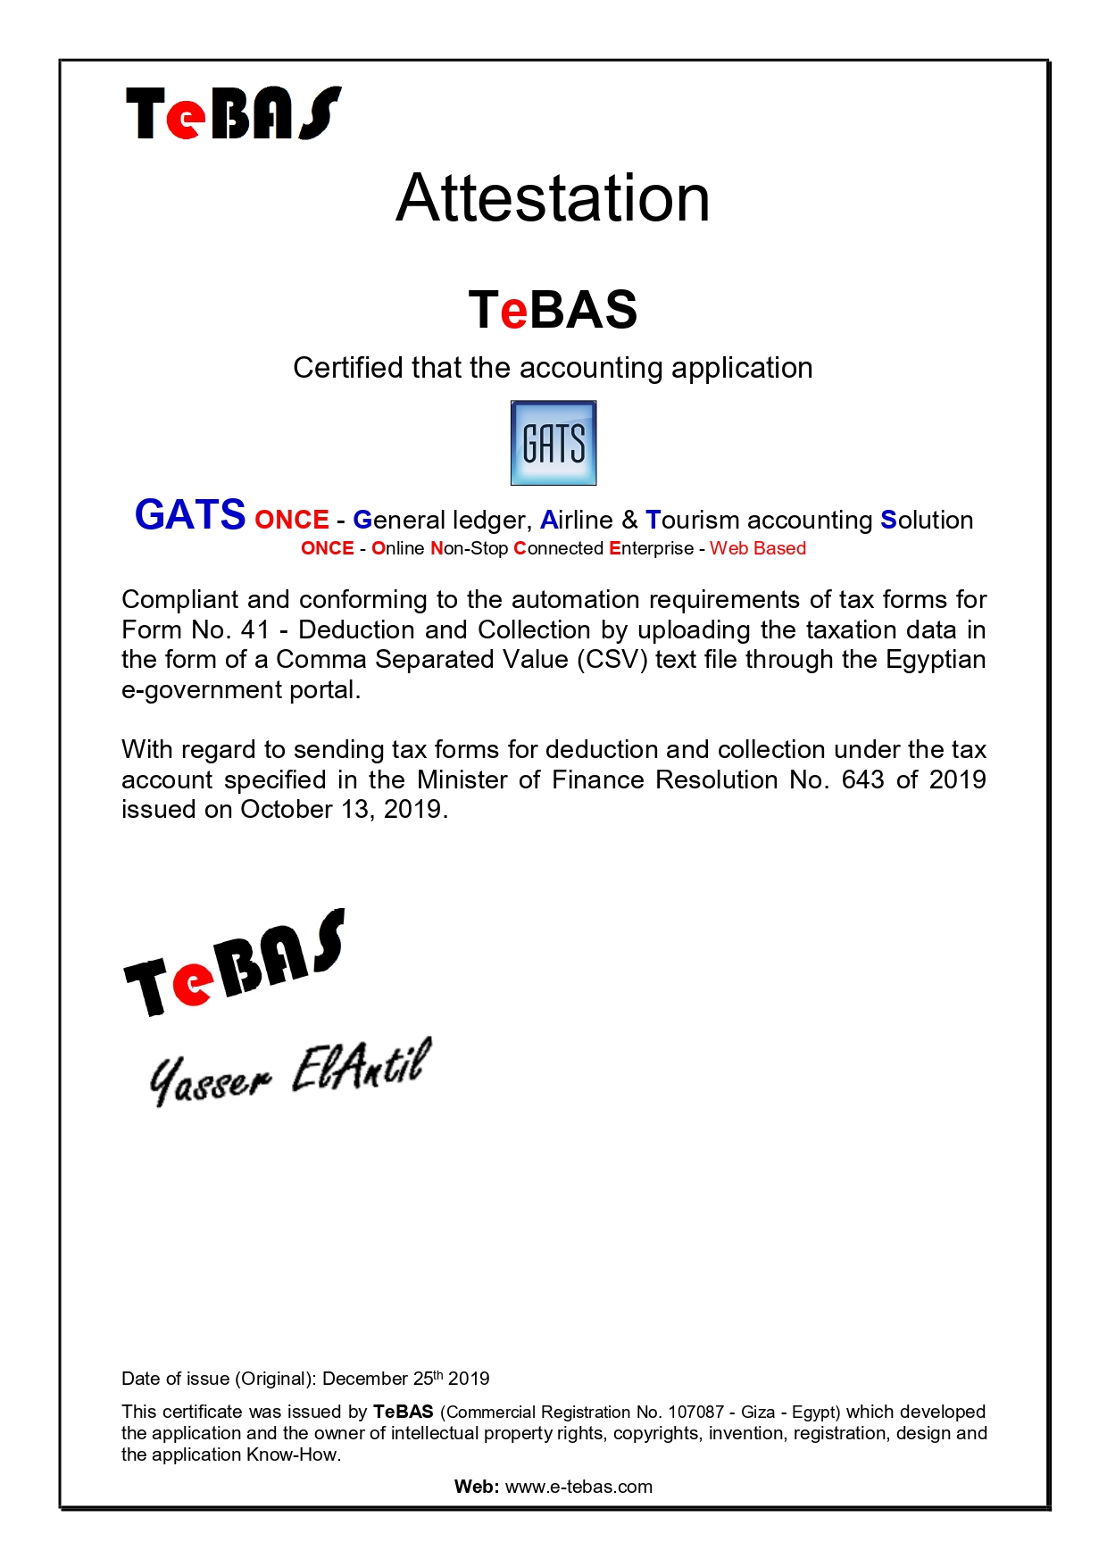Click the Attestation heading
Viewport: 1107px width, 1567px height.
553,198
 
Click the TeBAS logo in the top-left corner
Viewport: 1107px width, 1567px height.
233,113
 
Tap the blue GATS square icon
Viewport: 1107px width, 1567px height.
553,443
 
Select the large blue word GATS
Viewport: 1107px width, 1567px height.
190,515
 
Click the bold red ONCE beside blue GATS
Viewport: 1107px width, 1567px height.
292,520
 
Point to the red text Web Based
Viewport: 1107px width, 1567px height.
758,548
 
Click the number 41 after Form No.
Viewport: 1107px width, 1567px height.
255,629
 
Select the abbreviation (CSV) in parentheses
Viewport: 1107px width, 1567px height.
612,660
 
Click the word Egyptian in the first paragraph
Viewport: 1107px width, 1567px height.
936,660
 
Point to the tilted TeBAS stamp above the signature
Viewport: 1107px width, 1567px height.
234,964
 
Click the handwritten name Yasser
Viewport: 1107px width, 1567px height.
209,1079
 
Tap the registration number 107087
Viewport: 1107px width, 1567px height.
695,1412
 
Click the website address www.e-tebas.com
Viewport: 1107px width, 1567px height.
578,1487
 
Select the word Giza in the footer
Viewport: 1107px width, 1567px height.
758,1412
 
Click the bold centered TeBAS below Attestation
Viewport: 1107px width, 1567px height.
553,310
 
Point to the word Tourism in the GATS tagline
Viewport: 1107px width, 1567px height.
693,520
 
